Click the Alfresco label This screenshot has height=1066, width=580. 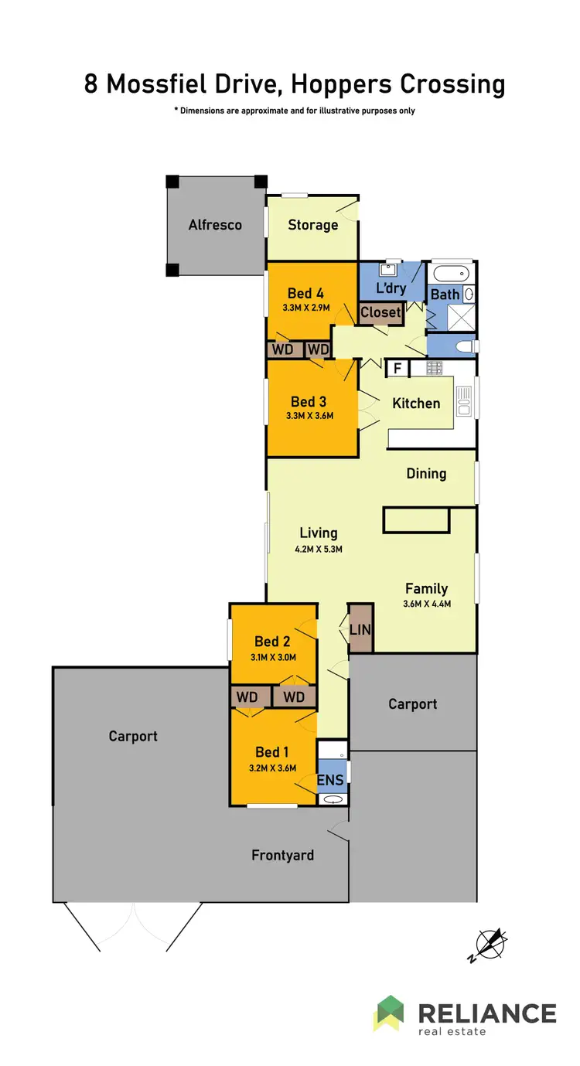(x=215, y=225)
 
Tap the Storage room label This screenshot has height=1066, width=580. (x=313, y=225)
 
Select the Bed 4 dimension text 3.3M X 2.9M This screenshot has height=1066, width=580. (x=305, y=308)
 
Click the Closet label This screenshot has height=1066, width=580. (x=381, y=312)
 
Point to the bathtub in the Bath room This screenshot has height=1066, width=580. (x=449, y=274)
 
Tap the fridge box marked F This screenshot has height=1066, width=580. (x=397, y=369)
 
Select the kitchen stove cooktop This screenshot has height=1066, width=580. (x=435, y=368)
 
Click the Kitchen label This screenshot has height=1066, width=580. (x=416, y=403)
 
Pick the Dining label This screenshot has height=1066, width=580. (x=426, y=473)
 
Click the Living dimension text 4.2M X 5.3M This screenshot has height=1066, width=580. (x=318, y=550)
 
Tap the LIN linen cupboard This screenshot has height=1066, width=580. (x=360, y=629)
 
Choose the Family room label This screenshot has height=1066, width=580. (x=426, y=589)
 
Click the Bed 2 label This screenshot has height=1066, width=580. (x=272, y=641)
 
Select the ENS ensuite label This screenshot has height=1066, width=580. (x=330, y=780)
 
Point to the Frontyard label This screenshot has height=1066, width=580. (x=282, y=855)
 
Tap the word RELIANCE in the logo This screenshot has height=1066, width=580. (x=487, y=1013)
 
